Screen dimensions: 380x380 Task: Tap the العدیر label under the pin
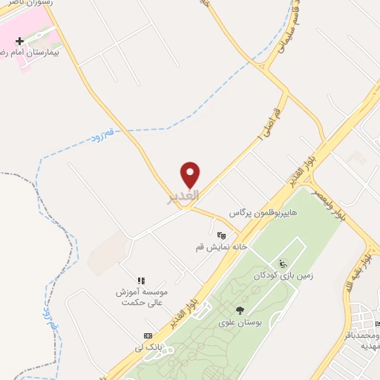[183, 196]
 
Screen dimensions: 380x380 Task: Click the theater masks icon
[221, 235]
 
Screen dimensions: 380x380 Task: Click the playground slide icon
[283, 263]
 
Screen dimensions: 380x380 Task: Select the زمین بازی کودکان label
[284, 275]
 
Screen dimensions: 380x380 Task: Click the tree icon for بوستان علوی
[239, 310]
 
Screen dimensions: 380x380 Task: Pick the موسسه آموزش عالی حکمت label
[142, 298]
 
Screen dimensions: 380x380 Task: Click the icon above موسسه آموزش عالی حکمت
[141, 280]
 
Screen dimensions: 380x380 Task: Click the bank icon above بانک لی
[148, 335]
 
